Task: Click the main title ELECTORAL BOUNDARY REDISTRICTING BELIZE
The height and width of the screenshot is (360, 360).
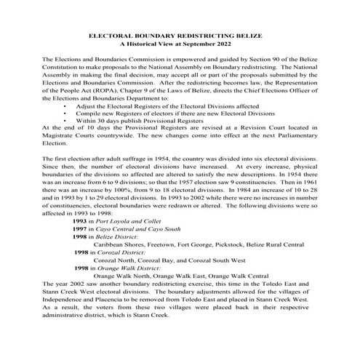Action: pyautogui.click(x=180, y=35)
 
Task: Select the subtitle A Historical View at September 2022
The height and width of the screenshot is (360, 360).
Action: pyautogui.click(x=180, y=44)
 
